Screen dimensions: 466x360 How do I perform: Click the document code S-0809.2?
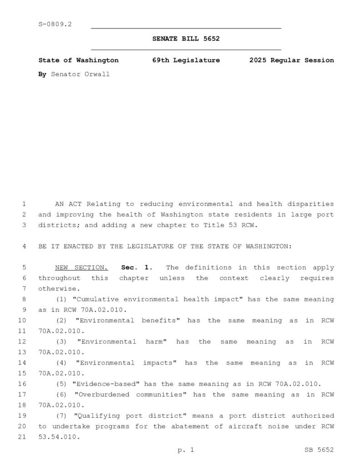click(55, 24)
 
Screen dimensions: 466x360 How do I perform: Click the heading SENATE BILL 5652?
click(186, 39)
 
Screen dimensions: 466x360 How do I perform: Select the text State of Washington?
click(78, 60)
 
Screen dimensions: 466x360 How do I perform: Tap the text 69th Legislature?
click(186, 60)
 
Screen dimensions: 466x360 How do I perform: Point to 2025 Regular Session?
click(291, 60)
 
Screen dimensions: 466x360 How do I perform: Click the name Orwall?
click(97, 74)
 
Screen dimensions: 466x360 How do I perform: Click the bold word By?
click(42, 74)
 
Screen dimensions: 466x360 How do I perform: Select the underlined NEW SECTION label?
click(81, 268)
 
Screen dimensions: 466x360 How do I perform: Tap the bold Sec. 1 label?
click(137, 268)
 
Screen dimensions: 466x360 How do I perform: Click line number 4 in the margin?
click(24, 246)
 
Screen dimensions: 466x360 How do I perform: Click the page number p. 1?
click(186, 450)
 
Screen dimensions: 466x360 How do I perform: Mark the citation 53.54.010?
click(59, 437)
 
